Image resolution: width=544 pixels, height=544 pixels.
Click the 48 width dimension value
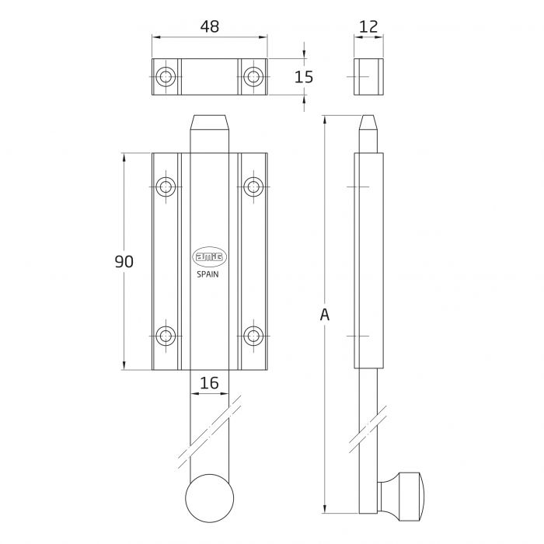(209, 26)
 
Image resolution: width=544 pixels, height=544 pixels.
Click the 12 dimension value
(369, 26)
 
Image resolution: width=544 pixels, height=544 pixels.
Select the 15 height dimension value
(304, 76)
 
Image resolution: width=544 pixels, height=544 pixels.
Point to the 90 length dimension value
(124, 262)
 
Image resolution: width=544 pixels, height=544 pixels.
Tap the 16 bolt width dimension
(209, 382)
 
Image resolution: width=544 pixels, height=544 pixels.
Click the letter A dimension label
(325, 315)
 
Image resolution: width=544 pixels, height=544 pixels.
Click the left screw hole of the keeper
(166, 76)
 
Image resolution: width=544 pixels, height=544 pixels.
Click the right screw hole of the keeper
(253, 76)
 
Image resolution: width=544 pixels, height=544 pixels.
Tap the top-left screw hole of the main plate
(166, 187)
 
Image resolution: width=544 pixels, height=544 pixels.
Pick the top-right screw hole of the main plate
(253, 187)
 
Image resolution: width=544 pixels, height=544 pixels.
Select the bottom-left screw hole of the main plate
(166, 336)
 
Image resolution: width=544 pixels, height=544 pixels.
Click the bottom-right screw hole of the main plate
(253, 336)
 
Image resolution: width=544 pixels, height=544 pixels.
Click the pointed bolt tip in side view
(369, 124)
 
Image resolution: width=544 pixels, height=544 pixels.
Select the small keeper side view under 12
(369, 76)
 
